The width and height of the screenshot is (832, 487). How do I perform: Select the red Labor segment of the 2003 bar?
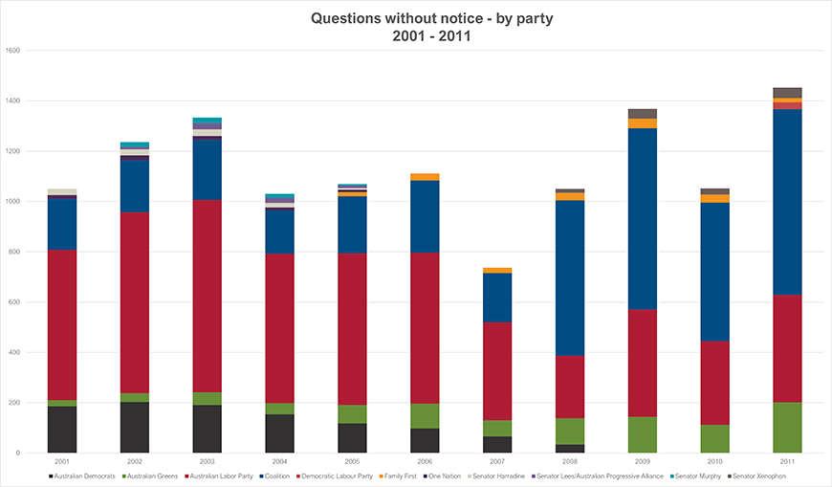tap(207, 296)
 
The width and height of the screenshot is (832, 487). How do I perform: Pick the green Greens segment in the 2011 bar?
tap(787, 427)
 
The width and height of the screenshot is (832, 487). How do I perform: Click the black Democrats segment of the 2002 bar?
tap(135, 427)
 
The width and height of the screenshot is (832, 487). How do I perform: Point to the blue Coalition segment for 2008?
tap(570, 277)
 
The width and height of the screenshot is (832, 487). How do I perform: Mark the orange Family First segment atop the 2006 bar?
tap(425, 177)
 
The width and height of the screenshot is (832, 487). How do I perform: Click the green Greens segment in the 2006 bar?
tap(425, 415)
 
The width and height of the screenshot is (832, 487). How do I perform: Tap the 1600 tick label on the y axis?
tap(13, 51)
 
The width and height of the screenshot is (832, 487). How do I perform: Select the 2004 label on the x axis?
tap(280, 461)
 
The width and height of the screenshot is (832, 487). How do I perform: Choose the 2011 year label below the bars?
tap(787, 461)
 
